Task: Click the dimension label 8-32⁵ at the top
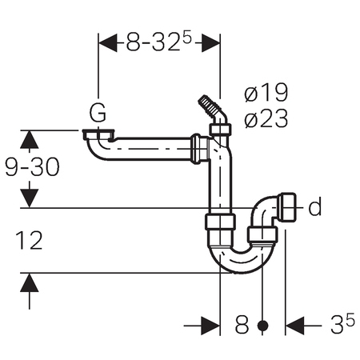pyautogui.click(x=159, y=42)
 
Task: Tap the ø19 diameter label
pyautogui.click(x=266, y=92)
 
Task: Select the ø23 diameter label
pyautogui.click(x=266, y=118)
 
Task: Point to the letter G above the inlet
pyautogui.click(x=98, y=113)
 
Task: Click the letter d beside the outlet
pyautogui.click(x=315, y=206)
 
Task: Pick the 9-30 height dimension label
pyautogui.click(x=32, y=167)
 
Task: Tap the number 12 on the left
pyautogui.click(x=29, y=240)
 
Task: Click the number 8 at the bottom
pyautogui.click(x=242, y=325)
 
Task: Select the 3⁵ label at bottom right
pyautogui.click(x=342, y=323)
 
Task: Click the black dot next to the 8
pyautogui.click(x=263, y=326)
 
